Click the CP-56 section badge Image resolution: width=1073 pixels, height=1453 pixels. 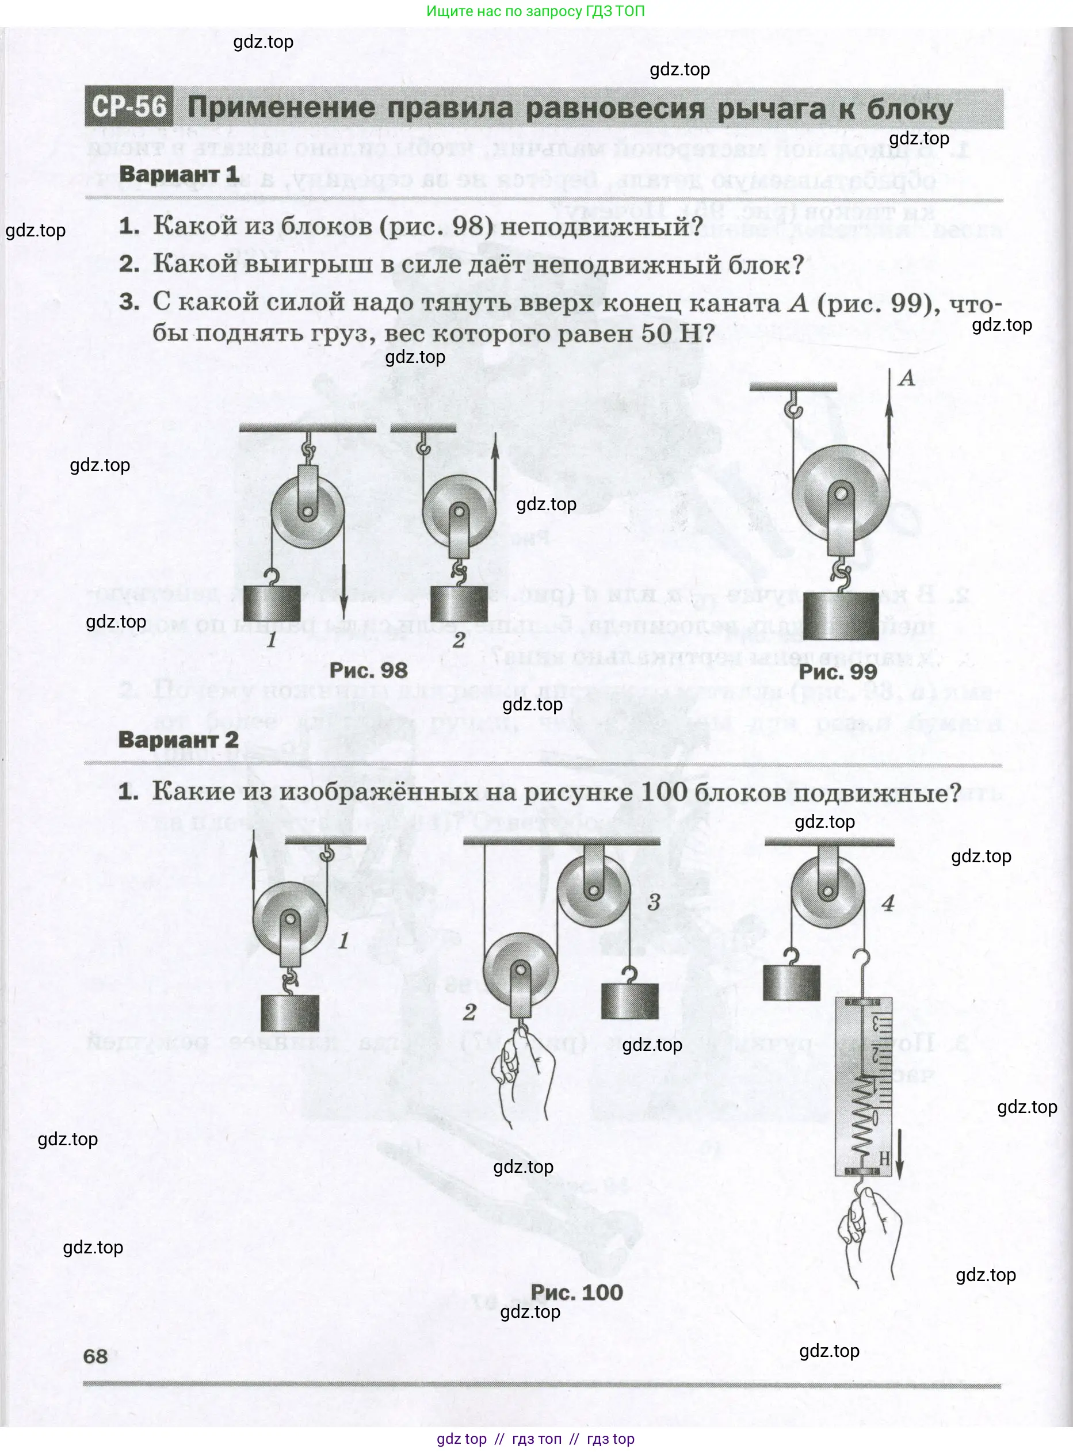click(x=129, y=106)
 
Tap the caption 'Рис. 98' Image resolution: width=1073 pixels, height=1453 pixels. click(x=368, y=670)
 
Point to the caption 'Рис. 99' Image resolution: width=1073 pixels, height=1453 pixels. click(x=837, y=672)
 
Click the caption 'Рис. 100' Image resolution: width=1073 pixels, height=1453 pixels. click(x=576, y=1292)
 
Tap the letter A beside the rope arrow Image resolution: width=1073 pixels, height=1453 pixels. click(x=907, y=378)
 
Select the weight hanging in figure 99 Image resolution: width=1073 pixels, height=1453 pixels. click(x=840, y=617)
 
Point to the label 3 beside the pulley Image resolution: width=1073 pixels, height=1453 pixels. click(x=654, y=902)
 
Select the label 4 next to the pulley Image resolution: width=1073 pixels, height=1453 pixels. click(x=888, y=903)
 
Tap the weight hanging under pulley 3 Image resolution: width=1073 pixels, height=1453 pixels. click(x=629, y=1000)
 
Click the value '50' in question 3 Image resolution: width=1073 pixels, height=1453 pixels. click(x=656, y=333)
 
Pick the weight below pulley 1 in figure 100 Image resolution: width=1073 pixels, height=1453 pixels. click(x=290, y=1013)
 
